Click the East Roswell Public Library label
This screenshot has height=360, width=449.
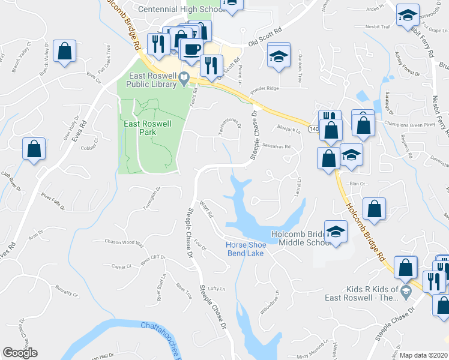pyautogui.click(x=154, y=80)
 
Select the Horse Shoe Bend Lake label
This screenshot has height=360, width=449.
pyautogui.click(x=245, y=249)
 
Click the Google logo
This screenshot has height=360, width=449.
pyautogui.click(x=20, y=353)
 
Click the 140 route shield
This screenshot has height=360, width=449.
pyautogui.click(x=314, y=129)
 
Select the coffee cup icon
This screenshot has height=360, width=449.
pyautogui.click(x=191, y=49)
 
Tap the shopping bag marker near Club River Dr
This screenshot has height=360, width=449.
pyautogui.click(x=34, y=148)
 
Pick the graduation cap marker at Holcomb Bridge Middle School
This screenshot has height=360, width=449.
pyautogui.click(x=336, y=232)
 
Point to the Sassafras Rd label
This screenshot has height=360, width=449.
pyautogui.click(x=276, y=146)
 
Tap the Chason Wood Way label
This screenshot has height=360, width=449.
pyautogui.click(x=125, y=243)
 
